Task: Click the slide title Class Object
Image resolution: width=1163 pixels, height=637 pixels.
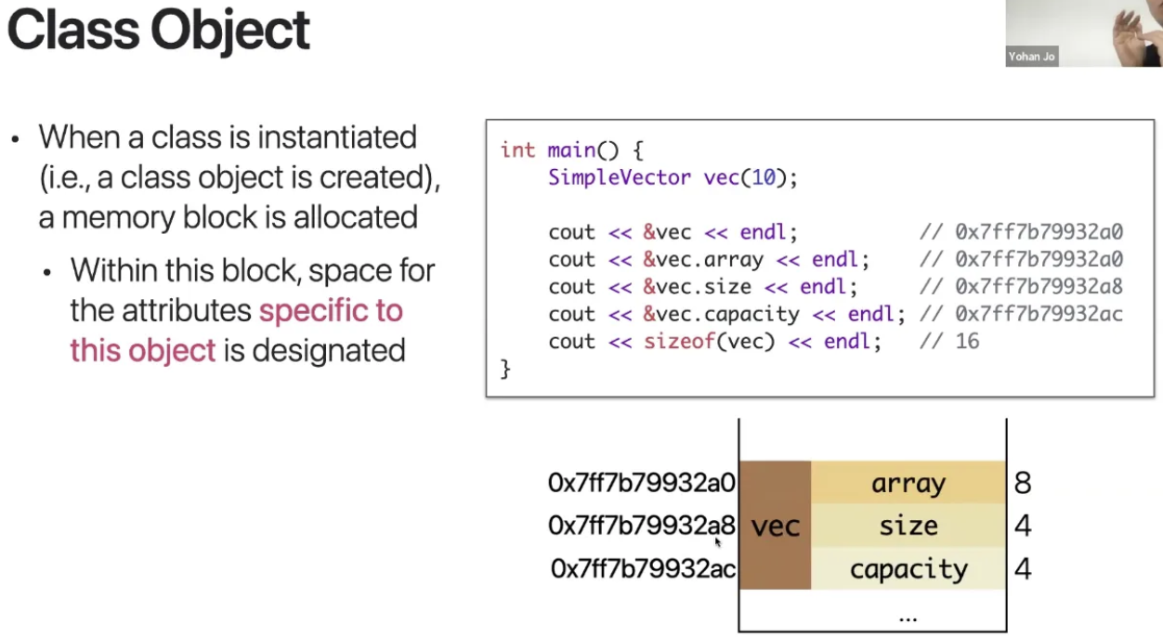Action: [158, 30]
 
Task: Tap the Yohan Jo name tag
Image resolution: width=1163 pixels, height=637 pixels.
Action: [1032, 57]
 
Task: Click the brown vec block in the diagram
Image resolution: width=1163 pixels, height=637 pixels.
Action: [775, 526]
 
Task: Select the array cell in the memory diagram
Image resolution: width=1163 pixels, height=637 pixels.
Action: [908, 483]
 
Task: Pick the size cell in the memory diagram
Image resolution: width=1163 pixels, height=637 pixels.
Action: [908, 526]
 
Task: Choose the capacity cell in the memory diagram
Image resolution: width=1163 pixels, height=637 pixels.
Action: [908, 568]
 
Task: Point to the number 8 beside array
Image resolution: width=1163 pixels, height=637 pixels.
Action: [1023, 483]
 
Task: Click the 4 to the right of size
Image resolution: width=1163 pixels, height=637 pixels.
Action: [1023, 526]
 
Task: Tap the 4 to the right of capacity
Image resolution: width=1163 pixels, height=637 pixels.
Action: [1023, 568]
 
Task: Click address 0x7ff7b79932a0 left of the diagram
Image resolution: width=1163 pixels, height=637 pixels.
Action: [641, 483]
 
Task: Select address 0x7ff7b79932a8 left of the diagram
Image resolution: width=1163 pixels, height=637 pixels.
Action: [641, 526]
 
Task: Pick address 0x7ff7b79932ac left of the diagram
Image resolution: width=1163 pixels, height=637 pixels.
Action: [643, 568]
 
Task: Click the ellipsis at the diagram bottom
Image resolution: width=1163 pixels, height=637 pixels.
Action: [908, 616]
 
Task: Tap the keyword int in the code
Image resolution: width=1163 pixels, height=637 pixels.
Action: [517, 150]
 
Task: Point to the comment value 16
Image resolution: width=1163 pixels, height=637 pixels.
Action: [967, 341]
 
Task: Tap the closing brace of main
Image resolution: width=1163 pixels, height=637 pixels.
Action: [505, 369]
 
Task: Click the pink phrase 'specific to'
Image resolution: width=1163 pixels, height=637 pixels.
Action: [331, 310]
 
